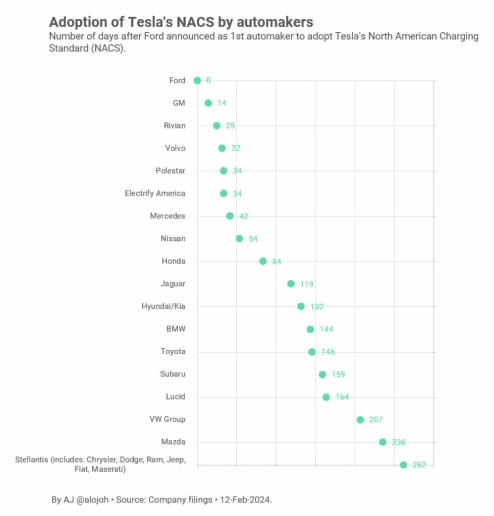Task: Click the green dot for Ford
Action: click(x=197, y=81)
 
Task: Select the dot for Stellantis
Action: click(x=403, y=465)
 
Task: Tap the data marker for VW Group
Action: click(x=360, y=420)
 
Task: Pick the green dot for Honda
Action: click(x=263, y=261)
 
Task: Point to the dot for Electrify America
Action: click(x=224, y=193)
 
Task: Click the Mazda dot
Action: click(x=382, y=442)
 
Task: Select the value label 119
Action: click(x=306, y=284)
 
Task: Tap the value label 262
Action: click(x=419, y=465)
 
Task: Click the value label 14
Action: click(x=222, y=103)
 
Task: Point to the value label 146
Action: click(x=328, y=352)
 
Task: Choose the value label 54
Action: click(x=253, y=239)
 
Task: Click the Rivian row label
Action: click(x=175, y=125)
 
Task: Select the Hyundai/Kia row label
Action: click(x=163, y=306)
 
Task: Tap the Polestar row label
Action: click(x=171, y=171)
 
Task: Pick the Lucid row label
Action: click(x=175, y=397)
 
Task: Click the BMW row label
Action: click(x=176, y=329)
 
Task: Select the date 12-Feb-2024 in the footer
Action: click(x=246, y=500)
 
